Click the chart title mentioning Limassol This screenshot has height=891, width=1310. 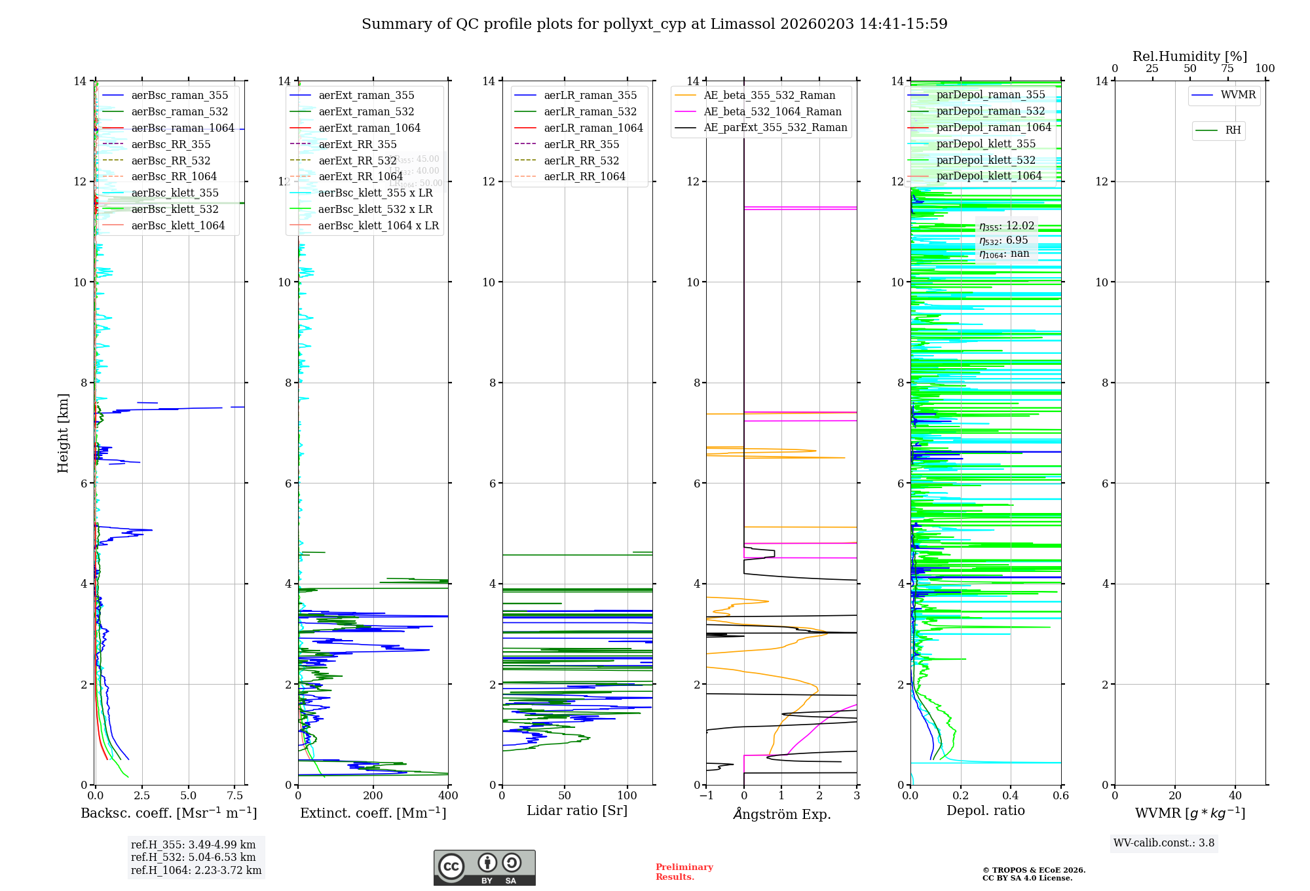(x=654, y=24)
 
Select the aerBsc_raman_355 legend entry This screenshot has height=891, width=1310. (x=179, y=96)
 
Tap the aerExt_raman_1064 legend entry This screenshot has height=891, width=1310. (x=369, y=128)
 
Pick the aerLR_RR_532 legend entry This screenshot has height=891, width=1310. (x=581, y=161)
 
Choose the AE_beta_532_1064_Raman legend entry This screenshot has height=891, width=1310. (x=772, y=112)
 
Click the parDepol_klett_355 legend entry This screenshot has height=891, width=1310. (x=986, y=144)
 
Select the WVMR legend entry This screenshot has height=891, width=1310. (x=1238, y=95)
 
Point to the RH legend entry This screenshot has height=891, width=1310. (x=1233, y=130)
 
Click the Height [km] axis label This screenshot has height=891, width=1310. (x=63, y=432)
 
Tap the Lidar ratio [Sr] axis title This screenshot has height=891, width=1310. (x=577, y=811)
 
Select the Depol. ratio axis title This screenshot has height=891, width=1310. (x=985, y=811)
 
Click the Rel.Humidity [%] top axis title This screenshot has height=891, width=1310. (x=1189, y=56)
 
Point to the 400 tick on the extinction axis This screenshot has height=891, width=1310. (x=448, y=796)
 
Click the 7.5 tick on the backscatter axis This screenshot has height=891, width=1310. (x=235, y=796)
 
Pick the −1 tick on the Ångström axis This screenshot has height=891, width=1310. (x=706, y=796)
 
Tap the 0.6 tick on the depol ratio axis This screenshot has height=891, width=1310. (x=1060, y=796)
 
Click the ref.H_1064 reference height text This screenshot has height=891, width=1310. (x=196, y=871)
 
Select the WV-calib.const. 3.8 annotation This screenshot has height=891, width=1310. (x=1164, y=843)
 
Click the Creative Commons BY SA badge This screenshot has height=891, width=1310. (x=484, y=868)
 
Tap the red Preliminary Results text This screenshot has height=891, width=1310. (x=684, y=872)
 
